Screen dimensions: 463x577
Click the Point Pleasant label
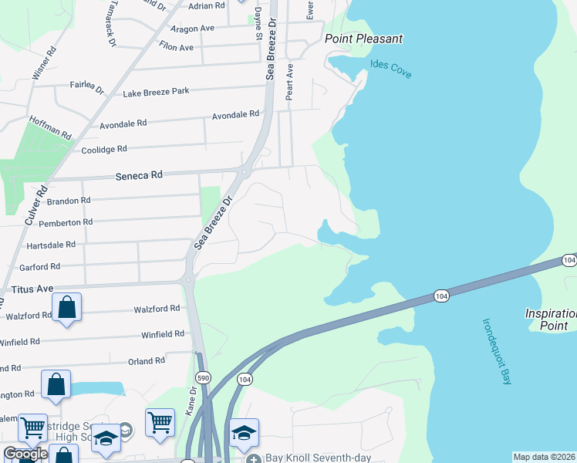[x=363, y=39]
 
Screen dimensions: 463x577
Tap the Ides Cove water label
[x=390, y=69]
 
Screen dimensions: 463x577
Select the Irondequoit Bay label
[x=497, y=351]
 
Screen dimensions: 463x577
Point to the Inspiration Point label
[x=550, y=319]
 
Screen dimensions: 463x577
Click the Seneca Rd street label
[x=140, y=175]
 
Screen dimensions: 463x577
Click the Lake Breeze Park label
[x=156, y=92]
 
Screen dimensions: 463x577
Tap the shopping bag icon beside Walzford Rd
[x=67, y=308]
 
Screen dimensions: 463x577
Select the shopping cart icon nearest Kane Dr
[x=160, y=423]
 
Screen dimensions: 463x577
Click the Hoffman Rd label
[x=49, y=127]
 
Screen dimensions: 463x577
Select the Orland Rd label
[x=147, y=360]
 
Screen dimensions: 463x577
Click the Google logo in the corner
[x=25, y=454]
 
